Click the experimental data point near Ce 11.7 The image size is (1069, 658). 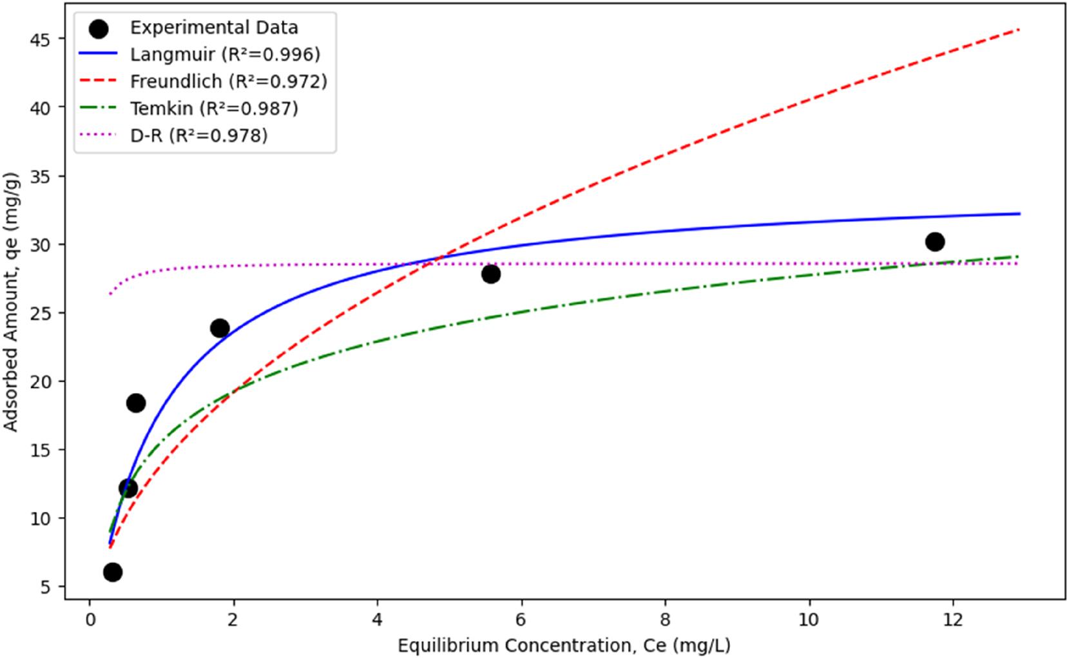point(934,242)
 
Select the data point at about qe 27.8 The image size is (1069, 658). point(490,274)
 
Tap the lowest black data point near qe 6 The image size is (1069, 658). point(112,572)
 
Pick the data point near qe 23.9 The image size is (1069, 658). point(220,328)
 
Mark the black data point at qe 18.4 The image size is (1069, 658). point(136,403)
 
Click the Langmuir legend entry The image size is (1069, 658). point(225,55)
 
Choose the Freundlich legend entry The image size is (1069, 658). point(229,82)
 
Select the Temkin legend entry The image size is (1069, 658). point(214,108)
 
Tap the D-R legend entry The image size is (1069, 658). point(198,135)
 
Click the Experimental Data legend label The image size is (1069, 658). point(214,28)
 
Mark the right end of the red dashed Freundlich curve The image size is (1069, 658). point(1019,30)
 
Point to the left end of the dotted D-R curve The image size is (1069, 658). point(110,294)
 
